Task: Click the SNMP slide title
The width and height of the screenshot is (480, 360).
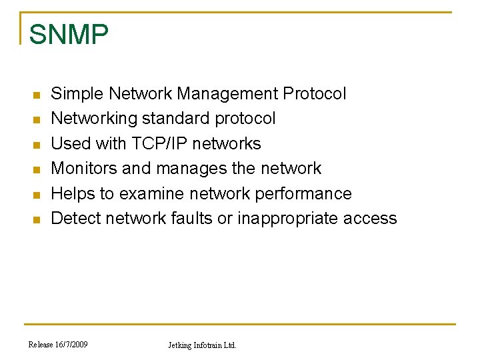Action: (x=69, y=35)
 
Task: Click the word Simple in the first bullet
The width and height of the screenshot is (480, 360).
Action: (x=77, y=94)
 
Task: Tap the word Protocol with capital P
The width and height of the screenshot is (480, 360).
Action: (x=315, y=94)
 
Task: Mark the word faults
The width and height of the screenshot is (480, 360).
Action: (x=191, y=219)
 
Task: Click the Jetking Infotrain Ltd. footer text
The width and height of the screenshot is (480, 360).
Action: (x=202, y=345)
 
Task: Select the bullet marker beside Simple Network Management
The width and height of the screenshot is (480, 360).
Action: (x=37, y=95)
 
